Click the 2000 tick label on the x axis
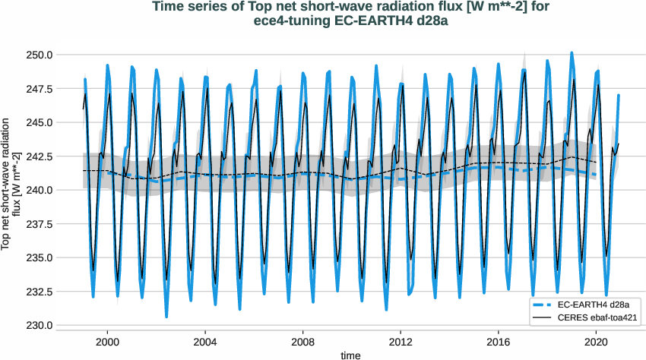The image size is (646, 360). (107, 342)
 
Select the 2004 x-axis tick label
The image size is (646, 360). (205, 342)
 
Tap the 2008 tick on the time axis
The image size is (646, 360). (303, 342)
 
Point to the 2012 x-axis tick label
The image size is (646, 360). (401, 342)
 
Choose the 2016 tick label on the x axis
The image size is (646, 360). (499, 342)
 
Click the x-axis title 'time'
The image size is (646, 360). (350, 355)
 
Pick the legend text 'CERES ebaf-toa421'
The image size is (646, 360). (597, 316)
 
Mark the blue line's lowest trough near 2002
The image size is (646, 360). (166, 316)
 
